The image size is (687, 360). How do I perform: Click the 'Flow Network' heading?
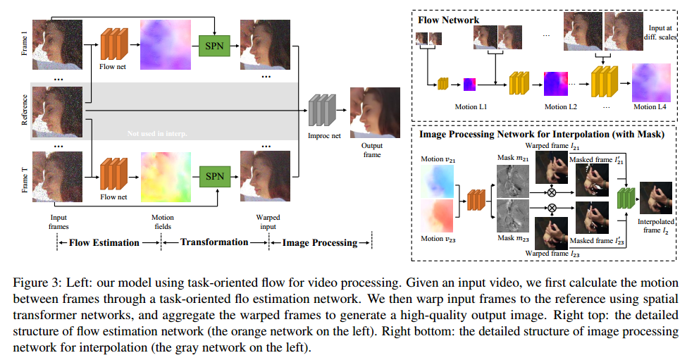tap(448, 20)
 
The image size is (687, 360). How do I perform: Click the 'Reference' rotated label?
tap(25, 111)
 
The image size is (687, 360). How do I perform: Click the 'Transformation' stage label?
tap(214, 242)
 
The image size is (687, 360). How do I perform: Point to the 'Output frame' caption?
tap(372, 150)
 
